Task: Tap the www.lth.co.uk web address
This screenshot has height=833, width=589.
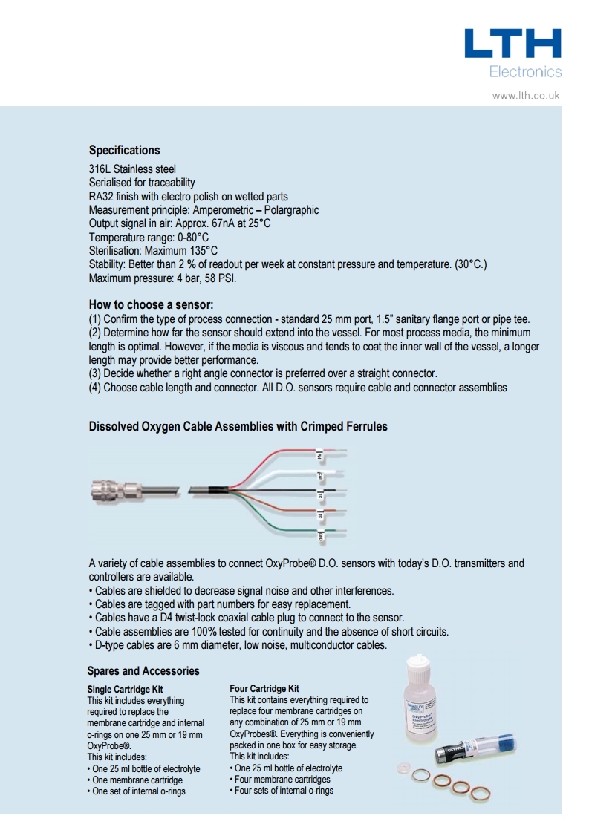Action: (526, 95)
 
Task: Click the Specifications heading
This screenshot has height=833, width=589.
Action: (124, 150)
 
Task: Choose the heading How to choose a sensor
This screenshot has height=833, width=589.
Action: (151, 304)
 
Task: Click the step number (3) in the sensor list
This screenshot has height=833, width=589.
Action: (95, 373)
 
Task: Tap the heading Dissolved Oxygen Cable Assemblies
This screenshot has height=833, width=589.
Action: (238, 427)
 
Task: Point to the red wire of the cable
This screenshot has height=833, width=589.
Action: (282, 452)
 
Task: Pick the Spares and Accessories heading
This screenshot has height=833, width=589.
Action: (143, 671)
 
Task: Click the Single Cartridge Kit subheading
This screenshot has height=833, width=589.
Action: (126, 689)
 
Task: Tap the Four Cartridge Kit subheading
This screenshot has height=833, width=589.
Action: (264, 689)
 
